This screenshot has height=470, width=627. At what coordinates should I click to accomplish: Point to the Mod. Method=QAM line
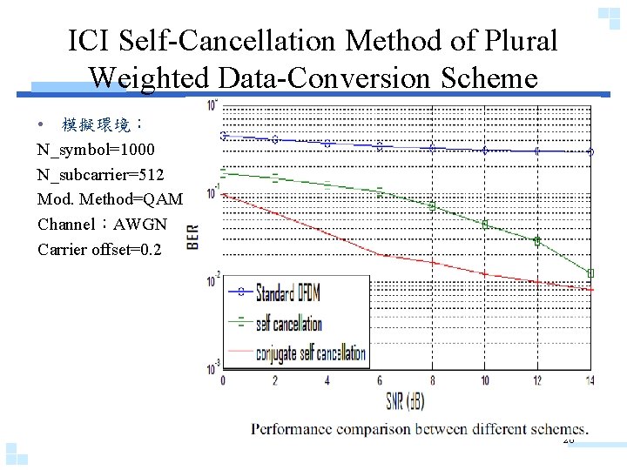(x=111, y=199)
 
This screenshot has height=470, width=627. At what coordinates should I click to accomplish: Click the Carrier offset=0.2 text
(x=100, y=250)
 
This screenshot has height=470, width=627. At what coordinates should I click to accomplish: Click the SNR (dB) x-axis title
(x=407, y=403)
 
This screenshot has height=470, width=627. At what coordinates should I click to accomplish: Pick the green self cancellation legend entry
(x=288, y=324)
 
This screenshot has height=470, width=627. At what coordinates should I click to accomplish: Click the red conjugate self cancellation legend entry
(x=310, y=353)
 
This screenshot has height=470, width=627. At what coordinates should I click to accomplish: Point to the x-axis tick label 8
(x=432, y=380)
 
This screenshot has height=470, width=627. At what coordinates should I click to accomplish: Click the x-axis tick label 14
(x=590, y=380)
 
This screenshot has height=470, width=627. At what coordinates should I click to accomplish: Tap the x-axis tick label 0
(x=223, y=380)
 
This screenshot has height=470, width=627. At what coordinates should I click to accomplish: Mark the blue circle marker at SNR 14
(x=590, y=151)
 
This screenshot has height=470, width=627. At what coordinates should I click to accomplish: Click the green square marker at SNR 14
(x=590, y=273)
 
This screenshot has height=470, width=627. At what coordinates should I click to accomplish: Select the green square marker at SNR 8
(x=432, y=206)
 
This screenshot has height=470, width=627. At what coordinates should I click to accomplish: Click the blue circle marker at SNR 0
(x=223, y=135)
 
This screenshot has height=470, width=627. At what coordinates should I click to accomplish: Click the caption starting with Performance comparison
(x=420, y=428)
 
